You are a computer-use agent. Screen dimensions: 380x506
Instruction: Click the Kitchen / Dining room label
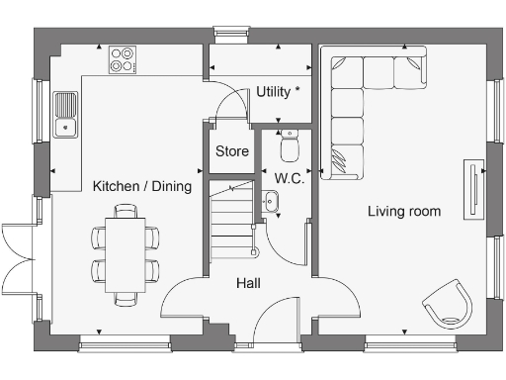point(141,186)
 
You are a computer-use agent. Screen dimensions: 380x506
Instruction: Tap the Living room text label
point(404,211)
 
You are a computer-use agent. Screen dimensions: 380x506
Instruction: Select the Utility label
point(273,91)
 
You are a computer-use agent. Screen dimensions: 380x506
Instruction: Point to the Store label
point(232,151)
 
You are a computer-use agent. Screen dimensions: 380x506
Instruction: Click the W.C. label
point(289,179)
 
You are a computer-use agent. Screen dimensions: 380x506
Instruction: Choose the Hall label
point(248,283)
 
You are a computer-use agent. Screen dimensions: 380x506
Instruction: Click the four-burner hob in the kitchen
point(124,59)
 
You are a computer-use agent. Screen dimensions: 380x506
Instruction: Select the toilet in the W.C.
point(290,146)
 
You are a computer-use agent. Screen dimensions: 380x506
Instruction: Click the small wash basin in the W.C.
point(273,203)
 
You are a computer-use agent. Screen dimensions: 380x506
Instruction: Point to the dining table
point(126,253)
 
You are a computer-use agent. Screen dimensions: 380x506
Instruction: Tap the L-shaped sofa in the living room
point(366,99)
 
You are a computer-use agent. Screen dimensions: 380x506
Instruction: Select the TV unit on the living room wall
point(475,186)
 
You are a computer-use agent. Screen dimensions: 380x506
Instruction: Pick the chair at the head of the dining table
point(126,210)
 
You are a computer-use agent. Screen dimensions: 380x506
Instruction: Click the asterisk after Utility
point(296,90)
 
